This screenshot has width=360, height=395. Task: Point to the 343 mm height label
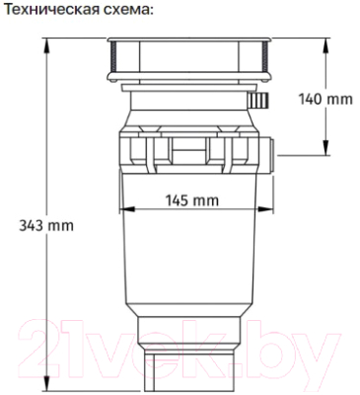[x=46, y=224]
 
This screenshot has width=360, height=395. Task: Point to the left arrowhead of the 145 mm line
[x=121, y=210]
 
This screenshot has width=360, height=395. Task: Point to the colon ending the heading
[x=154, y=10]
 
